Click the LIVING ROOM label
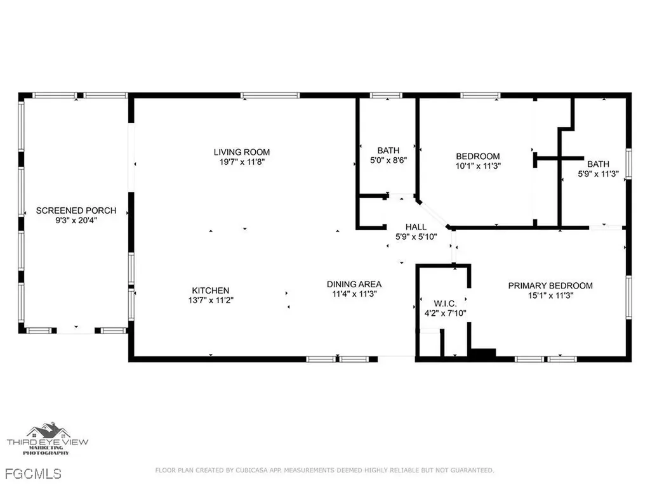click(241, 152)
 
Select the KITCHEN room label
click(208, 290)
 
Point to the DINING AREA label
click(354, 284)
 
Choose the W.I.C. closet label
click(441, 302)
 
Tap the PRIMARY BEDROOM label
click(550, 285)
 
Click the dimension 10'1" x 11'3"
click(478, 167)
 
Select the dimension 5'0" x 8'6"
click(388, 160)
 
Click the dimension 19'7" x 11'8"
click(241, 162)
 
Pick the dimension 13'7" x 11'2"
click(208, 301)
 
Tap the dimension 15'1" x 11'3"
click(550, 295)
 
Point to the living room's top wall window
click(270, 96)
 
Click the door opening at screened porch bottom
click(76, 330)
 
